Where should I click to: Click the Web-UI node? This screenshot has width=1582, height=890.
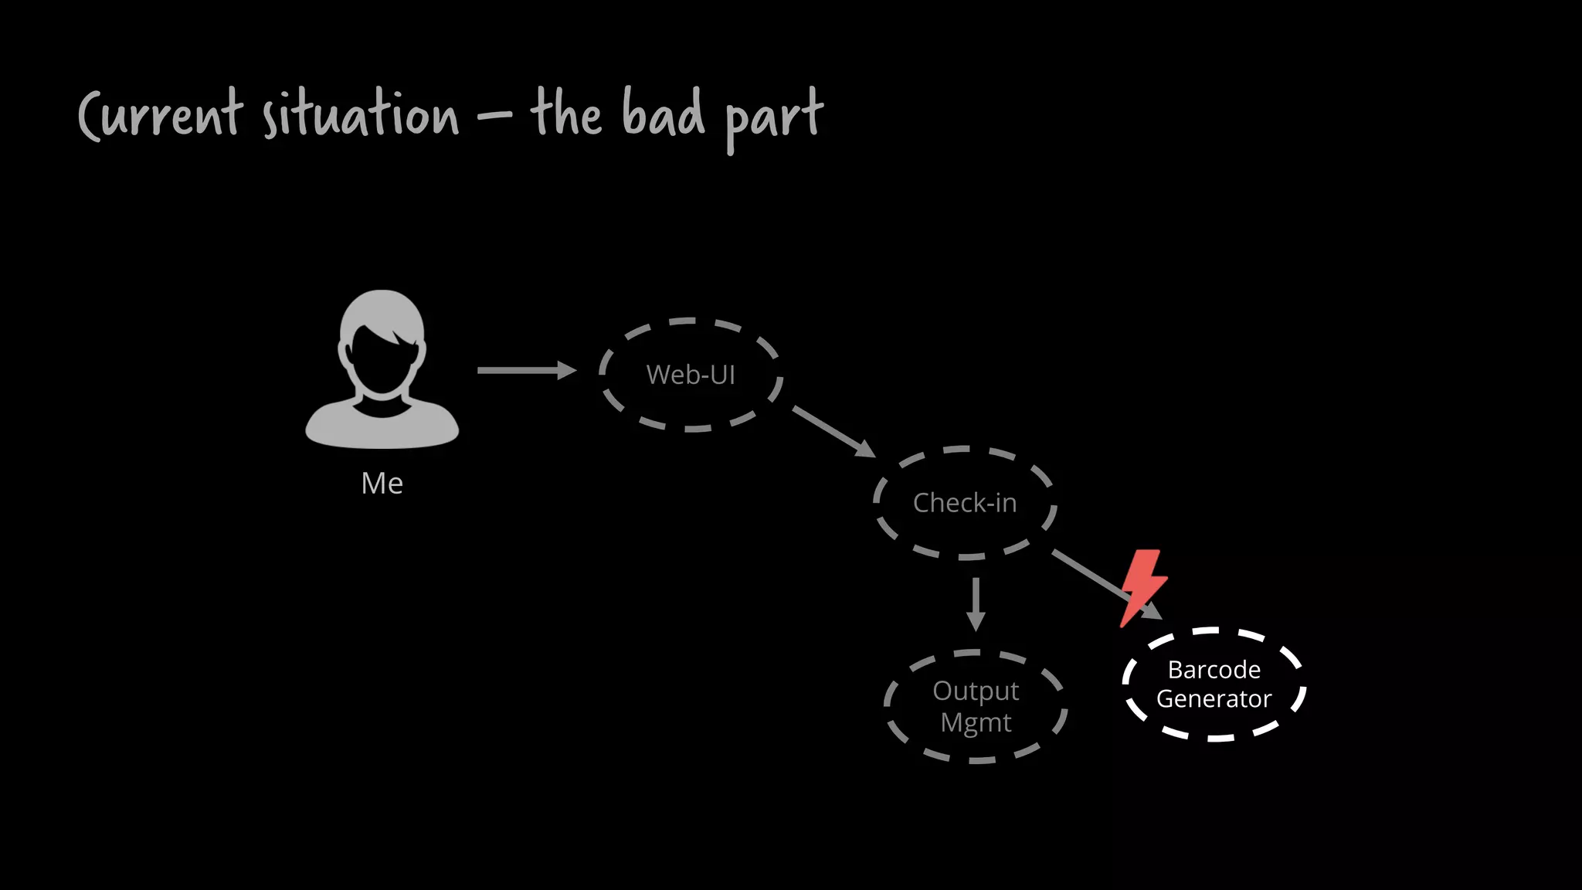(x=691, y=375)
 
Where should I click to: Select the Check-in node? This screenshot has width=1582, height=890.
(x=965, y=503)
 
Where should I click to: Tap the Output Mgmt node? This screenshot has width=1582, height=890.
(x=976, y=706)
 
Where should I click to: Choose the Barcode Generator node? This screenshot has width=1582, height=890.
(x=1214, y=684)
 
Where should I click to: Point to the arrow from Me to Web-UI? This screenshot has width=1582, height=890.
(x=525, y=371)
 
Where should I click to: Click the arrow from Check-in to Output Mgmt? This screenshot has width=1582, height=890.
(x=976, y=603)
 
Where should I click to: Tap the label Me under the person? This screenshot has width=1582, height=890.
(x=382, y=484)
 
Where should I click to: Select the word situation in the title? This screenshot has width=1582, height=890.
(x=360, y=116)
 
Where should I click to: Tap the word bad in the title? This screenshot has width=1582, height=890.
(x=663, y=114)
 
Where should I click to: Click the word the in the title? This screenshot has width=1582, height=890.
(x=565, y=114)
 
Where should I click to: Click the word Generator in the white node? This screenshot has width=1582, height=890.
(x=1214, y=699)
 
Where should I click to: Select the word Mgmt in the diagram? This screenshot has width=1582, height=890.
(x=976, y=723)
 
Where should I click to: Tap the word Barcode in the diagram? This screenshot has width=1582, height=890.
(x=1214, y=669)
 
